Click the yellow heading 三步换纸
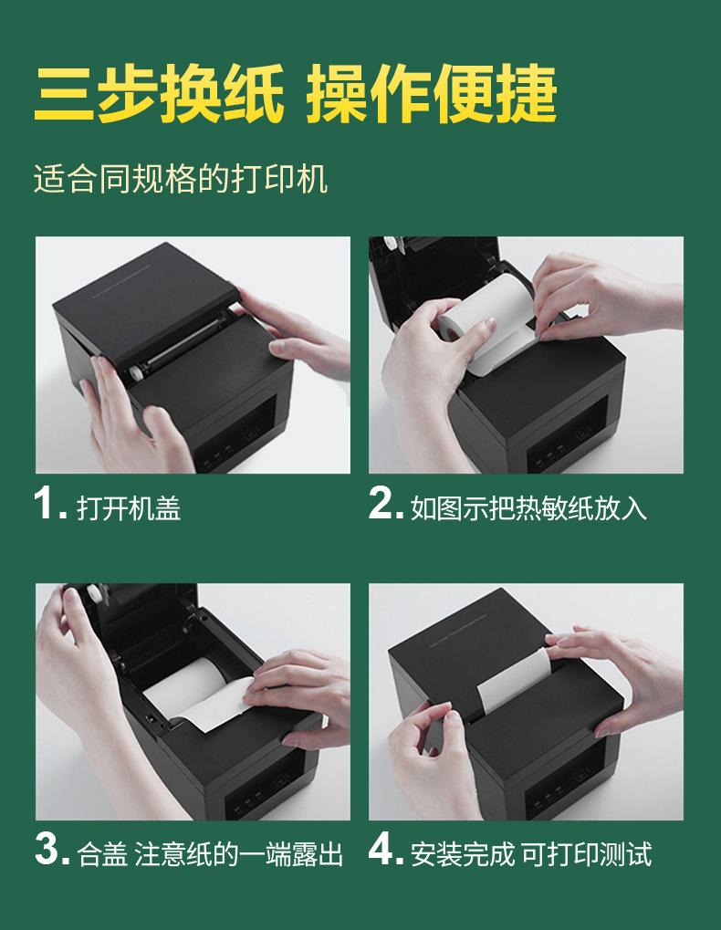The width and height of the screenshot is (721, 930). (158, 94)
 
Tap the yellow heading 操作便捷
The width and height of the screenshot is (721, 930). (431, 94)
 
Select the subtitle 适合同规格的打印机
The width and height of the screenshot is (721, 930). (181, 179)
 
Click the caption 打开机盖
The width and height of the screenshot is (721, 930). (129, 508)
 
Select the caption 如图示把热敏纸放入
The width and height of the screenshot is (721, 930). (528, 508)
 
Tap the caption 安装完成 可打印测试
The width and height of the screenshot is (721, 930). (531, 854)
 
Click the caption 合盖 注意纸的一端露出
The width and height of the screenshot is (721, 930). (210, 854)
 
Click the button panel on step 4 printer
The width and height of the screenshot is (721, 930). (563, 783)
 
